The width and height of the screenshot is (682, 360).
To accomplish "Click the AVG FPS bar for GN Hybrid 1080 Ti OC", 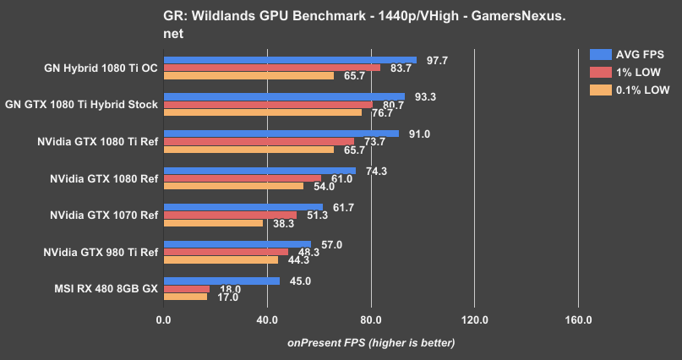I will pyautogui.click(x=290, y=60).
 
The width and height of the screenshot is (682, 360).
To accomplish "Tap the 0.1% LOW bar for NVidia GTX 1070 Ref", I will pyautogui.click(x=213, y=223).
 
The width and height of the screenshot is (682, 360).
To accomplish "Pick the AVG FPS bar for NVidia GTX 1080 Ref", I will pyautogui.click(x=259, y=170).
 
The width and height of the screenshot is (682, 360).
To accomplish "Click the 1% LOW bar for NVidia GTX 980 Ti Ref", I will pyautogui.click(x=226, y=252).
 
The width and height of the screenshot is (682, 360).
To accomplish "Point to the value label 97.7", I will pyautogui.click(x=437, y=60).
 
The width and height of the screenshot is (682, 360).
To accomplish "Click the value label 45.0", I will pyautogui.click(x=301, y=281).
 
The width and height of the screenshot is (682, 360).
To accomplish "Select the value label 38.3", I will pyautogui.click(x=283, y=224).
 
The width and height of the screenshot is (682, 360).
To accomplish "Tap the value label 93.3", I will pyautogui.click(x=425, y=97).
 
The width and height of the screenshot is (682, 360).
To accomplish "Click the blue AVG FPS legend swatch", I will pyautogui.click(x=600, y=55).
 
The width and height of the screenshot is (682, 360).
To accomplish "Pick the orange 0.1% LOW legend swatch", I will pyautogui.click(x=600, y=90).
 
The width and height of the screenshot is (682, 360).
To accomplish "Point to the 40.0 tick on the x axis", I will pyautogui.click(x=267, y=319).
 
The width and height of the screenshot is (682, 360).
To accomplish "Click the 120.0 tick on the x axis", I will pyautogui.click(x=474, y=319).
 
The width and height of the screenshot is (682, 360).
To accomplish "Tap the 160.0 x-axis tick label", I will pyautogui.click(x=578, y=319).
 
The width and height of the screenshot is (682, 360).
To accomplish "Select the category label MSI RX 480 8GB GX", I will pyautogui.click(x=103, y=288).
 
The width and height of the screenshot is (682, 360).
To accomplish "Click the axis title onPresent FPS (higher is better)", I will pyautogui.click(x=370, y=342).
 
